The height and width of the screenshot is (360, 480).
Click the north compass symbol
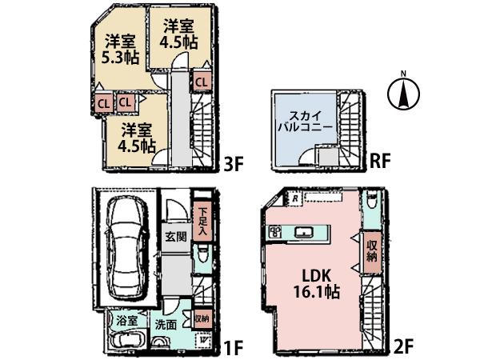(x=404, y=94)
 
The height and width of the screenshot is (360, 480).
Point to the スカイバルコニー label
(x=304, y=120)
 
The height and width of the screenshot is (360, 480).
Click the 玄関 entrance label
(x=176, y=237)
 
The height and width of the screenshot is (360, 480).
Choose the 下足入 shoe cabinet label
(x=203, y=221)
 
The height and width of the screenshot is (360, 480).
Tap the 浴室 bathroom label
(x=127, y=321)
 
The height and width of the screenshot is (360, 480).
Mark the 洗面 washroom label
(x=166, y=325)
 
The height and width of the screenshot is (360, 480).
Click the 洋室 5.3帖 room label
(x=118, y=49)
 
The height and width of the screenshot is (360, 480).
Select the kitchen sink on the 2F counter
(x=304, y=232)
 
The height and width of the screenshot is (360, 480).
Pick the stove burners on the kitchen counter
(x=275, y=232)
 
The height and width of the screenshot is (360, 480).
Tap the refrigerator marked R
(x=295, y=198)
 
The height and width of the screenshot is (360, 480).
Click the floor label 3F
(x=233, y=166)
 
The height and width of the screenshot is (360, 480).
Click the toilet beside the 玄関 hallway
(x=203, y=256)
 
